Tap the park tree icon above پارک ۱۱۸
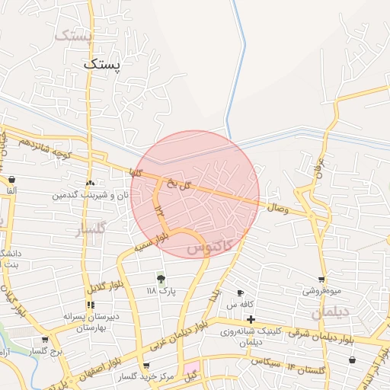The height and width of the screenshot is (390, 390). pyautogui.click(x=160, y=280)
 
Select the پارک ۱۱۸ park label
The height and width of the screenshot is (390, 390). pyautogui.click(x=161, y=291)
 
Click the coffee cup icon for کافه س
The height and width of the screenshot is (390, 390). pyautogui.click(x=241, y=293)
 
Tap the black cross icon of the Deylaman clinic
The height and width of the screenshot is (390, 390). pyautogui.click(x=251, y=319)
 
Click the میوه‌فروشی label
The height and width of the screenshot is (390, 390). pyautogui.click(x=321, y=291)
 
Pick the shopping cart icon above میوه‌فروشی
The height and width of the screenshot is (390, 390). pyautogui.click(x=322, y=280)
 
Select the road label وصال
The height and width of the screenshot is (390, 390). pyautogui.click(x=277, y=207)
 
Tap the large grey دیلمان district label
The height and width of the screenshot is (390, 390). pyautogui.click(x=330, y=313)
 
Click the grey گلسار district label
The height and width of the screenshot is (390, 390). pyautogui.click(x=91, y=230)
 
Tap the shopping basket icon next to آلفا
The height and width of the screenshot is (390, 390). pyautogui.click(x=11, y=180)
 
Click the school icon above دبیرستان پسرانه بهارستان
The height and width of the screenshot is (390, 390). pyautogui.click(x=91, y=305)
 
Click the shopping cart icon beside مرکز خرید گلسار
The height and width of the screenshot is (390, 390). pyautogui.click(x=146, y=366)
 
